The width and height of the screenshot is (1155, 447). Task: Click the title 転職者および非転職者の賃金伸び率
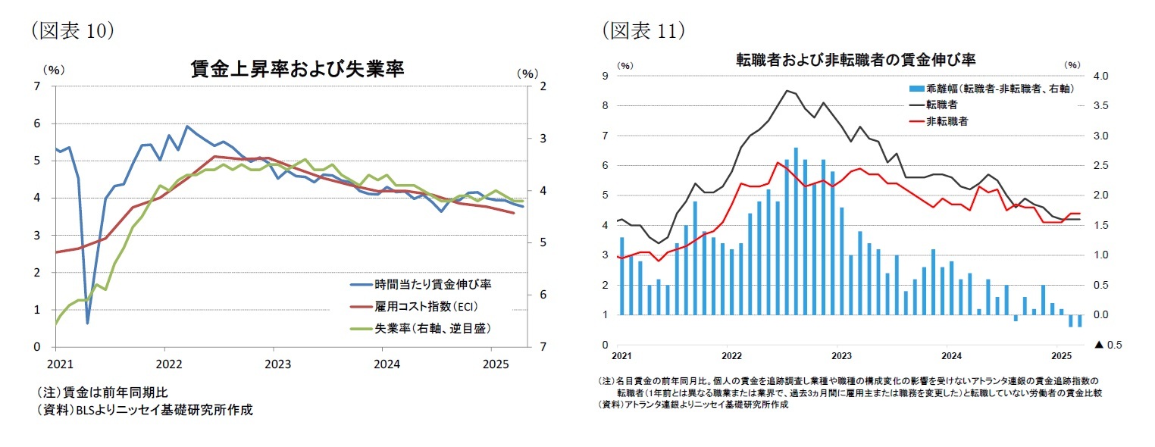tap(855, 58)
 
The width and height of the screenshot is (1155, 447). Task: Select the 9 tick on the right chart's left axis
tap(605, 76)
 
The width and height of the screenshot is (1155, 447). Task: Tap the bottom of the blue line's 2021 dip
tap(88, 324)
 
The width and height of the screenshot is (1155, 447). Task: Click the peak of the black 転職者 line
tap(787, 91)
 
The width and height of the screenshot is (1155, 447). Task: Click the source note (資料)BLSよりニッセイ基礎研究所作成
tap(144, 410)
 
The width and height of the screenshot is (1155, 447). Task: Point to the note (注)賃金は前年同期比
tap(102, 392)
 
